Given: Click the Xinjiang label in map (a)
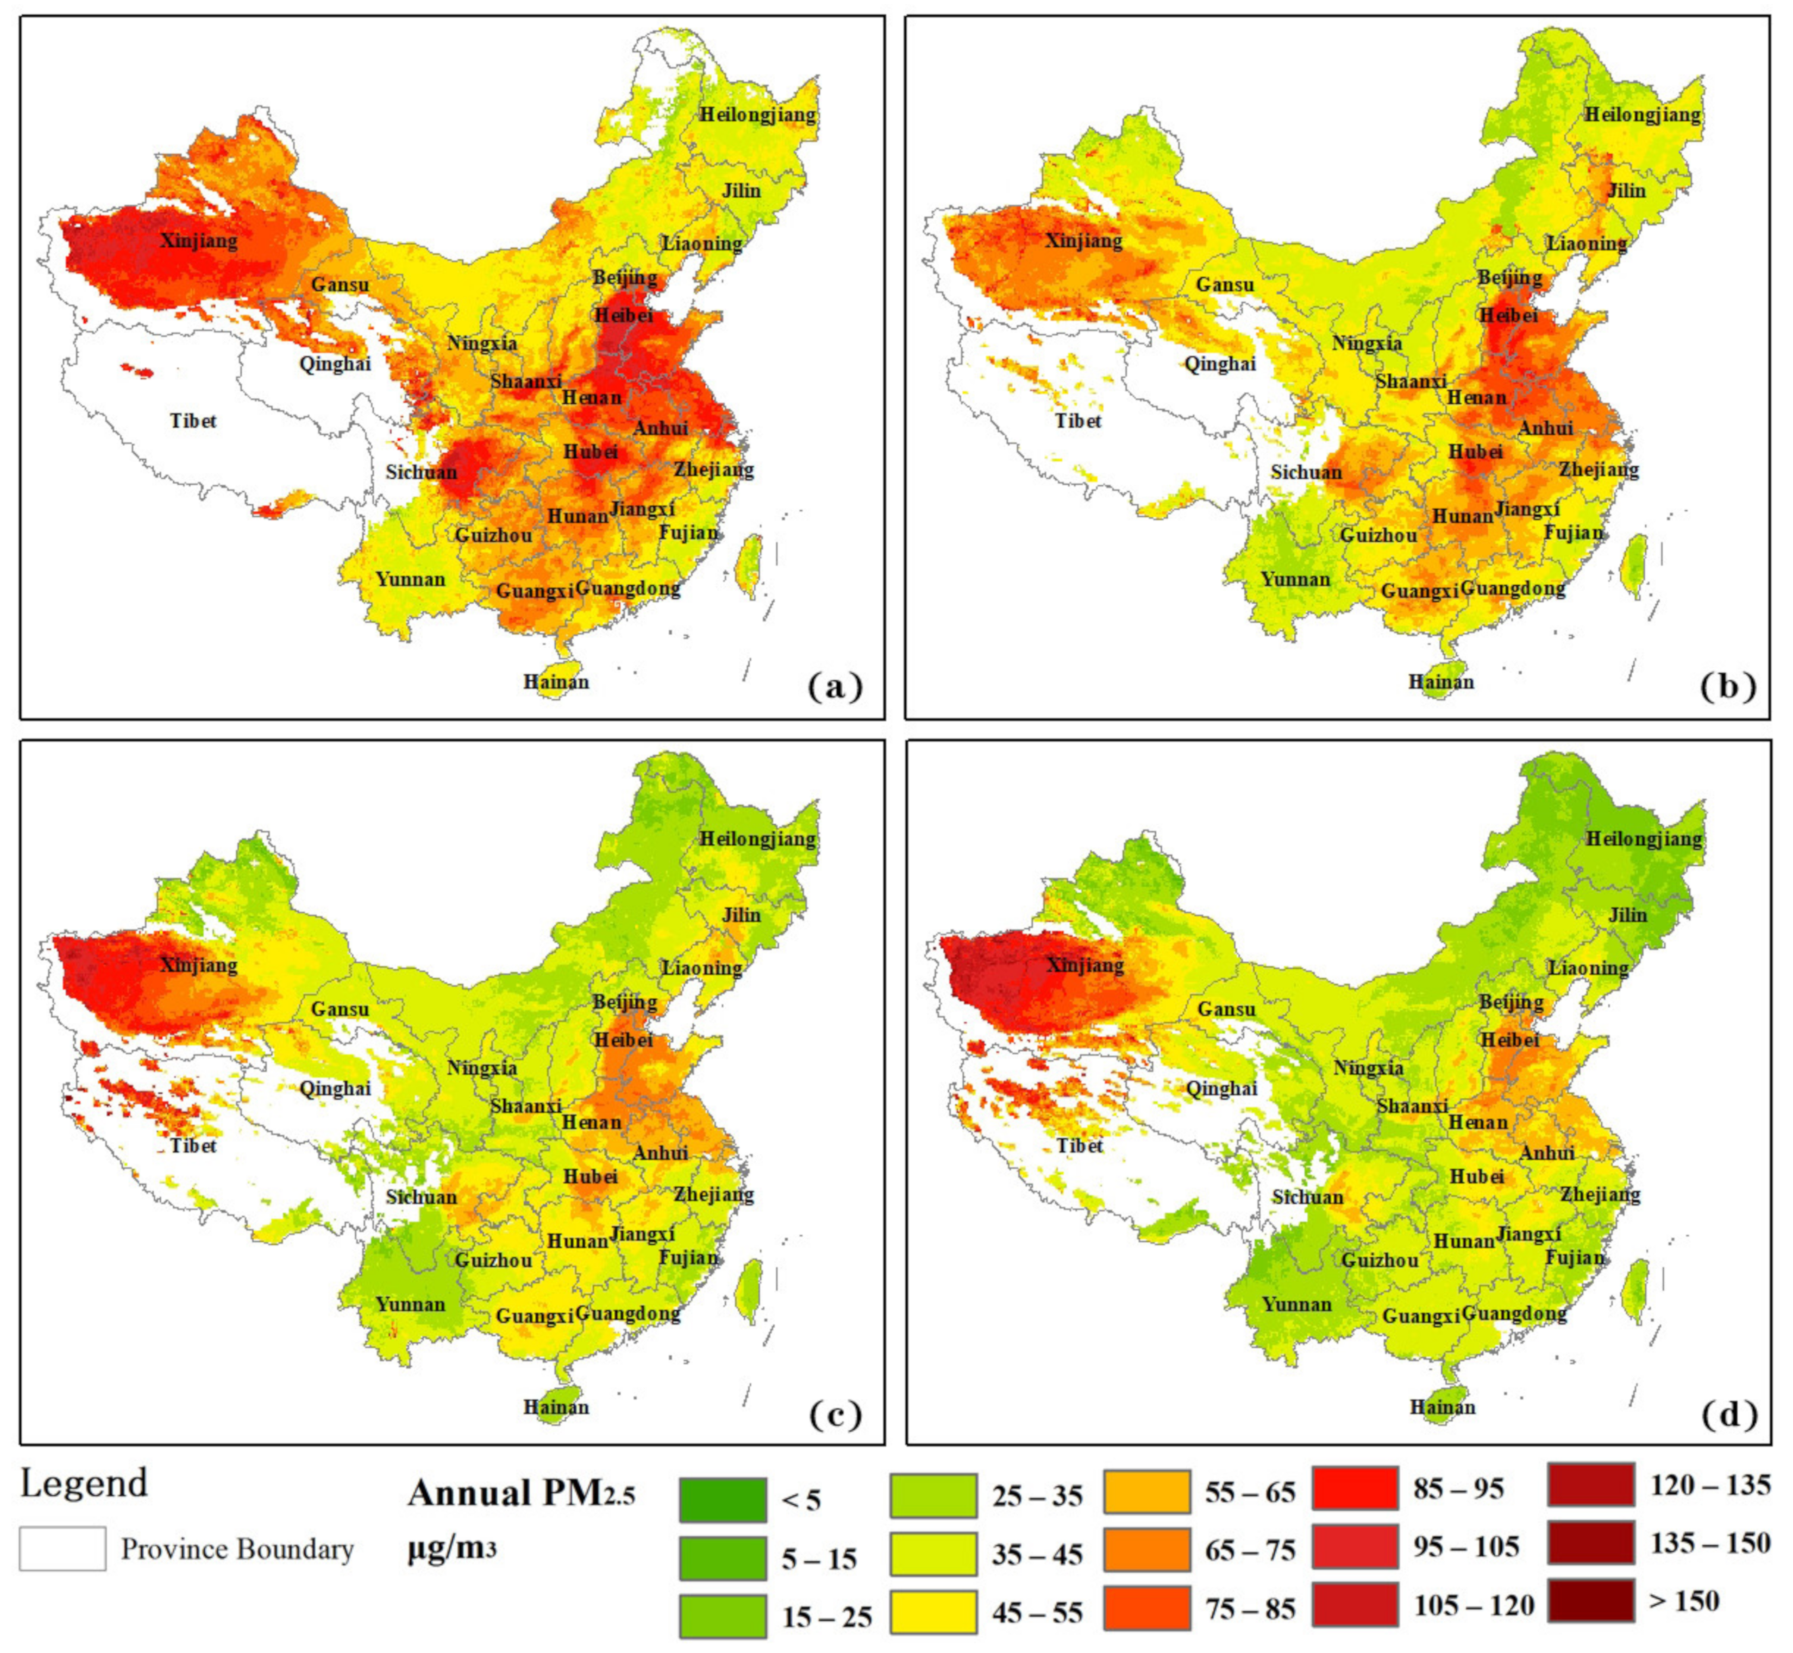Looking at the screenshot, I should pyautogui.click(x=198, y=241).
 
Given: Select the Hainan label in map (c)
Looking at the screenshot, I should pyautogui.click(x=556, y=1407).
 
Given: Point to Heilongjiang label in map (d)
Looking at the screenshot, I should pyautogui.click(x=1644, y=839).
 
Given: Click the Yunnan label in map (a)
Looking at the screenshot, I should pyautogui.click(x=410, y=580).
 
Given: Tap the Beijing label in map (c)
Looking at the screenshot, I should pyautogui.click(x=624, y=1002).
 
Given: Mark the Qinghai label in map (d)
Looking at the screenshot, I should pyautogui.click(x=1221, y=1088).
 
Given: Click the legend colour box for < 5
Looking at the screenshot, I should pyautogui.click(x=723, y=1500).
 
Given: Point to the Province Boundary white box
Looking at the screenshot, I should pyautogui.click(x=62, y=1548).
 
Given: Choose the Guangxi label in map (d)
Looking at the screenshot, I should pyautogui.click(x=1420, y=1316).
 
